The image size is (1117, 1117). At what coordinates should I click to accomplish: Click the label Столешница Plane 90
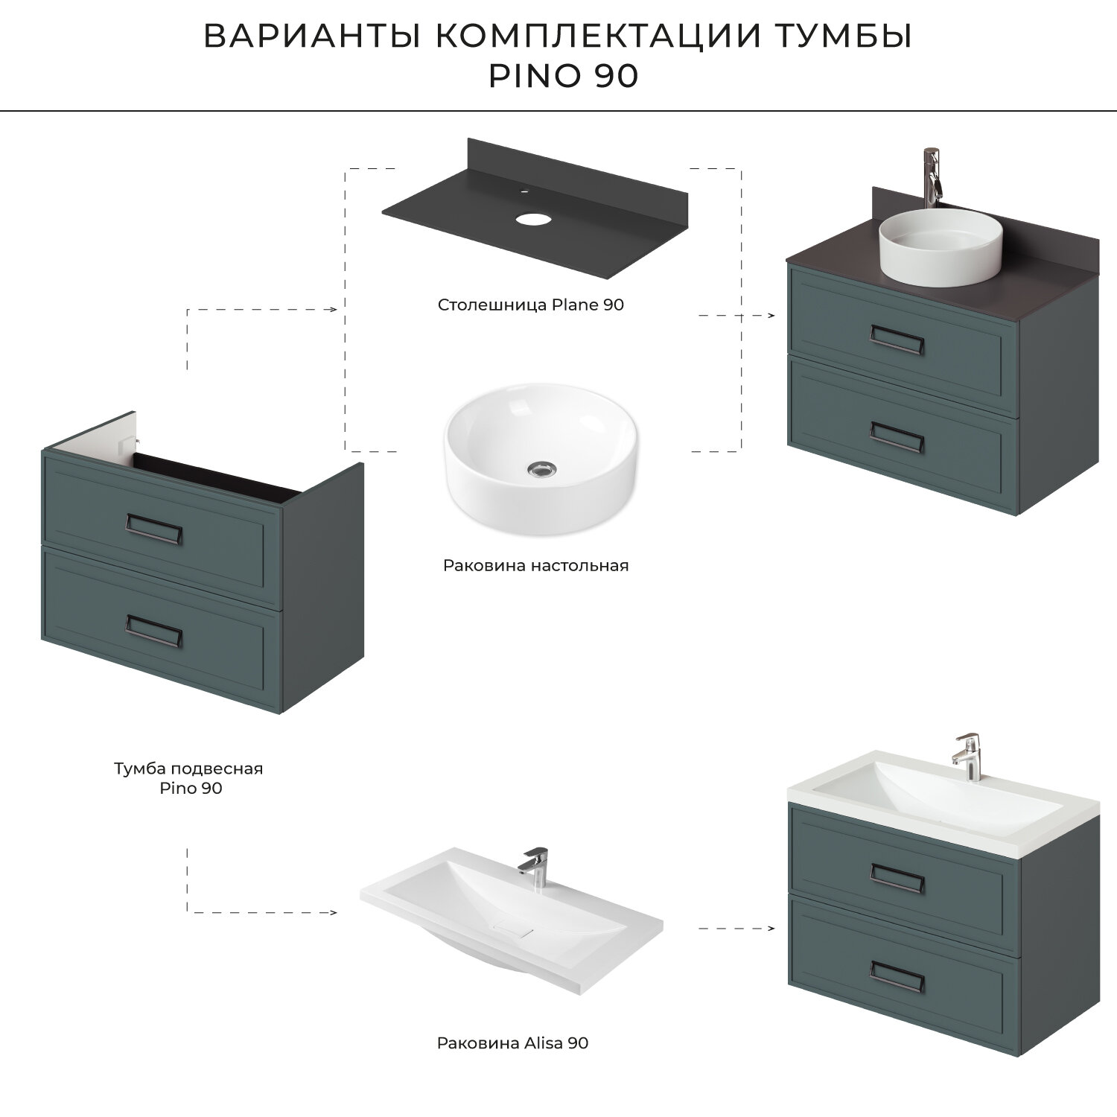[x=531, y=305]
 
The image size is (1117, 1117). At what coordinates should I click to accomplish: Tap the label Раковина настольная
[x=536, y=565]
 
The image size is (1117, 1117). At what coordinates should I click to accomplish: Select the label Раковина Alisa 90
[x=513, y=1043]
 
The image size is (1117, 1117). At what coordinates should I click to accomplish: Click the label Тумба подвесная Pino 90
[x=189, y=777]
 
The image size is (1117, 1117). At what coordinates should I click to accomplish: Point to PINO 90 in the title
[x=563, y=76]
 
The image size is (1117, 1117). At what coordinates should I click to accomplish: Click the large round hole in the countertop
[x=532, y=219]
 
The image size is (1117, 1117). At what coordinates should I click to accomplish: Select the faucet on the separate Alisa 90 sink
[x=532, y=868]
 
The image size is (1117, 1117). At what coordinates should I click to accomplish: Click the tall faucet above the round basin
[x=932, y=177]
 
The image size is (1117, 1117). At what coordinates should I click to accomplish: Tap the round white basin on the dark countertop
[x=941, y=246]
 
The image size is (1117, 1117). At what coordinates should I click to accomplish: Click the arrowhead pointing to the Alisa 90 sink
[x=333, y=912]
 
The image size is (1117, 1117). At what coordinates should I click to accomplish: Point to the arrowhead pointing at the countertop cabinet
[x=771, y=316]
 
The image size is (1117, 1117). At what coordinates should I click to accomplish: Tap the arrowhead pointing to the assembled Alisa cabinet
[x=771, y=929]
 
